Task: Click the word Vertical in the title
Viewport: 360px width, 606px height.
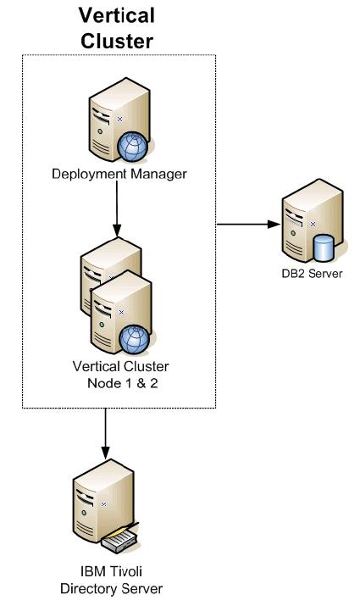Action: (117, 16)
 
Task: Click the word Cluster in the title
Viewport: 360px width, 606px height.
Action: (117, 41)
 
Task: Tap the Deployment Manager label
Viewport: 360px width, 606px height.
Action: (119, 174)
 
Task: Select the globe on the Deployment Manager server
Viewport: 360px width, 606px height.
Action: (133, 147)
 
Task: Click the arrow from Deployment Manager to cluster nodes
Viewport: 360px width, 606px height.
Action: (117, 209)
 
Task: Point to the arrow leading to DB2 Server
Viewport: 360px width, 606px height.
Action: (248, 224)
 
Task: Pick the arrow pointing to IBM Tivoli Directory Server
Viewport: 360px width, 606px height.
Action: (105, 434)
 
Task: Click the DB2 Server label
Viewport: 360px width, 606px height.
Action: (312, 274)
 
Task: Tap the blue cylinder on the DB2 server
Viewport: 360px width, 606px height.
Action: (324, 247)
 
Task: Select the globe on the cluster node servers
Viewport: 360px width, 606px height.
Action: (134, 340)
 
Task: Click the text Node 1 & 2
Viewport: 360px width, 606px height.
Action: (123, 383)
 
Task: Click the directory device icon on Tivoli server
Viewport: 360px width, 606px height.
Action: (119, 537)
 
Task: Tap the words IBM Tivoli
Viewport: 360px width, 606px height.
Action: (111, 571)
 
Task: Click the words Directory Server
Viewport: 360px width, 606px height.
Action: (111, 588)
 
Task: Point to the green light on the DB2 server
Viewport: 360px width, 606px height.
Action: (293, 233)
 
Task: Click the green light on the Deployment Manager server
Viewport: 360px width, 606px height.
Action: (100, 131)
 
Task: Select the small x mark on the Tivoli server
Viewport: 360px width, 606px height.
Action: (103, 504)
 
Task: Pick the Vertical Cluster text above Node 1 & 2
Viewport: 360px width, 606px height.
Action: (121, 366)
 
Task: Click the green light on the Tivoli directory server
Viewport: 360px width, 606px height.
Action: (84, 513)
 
